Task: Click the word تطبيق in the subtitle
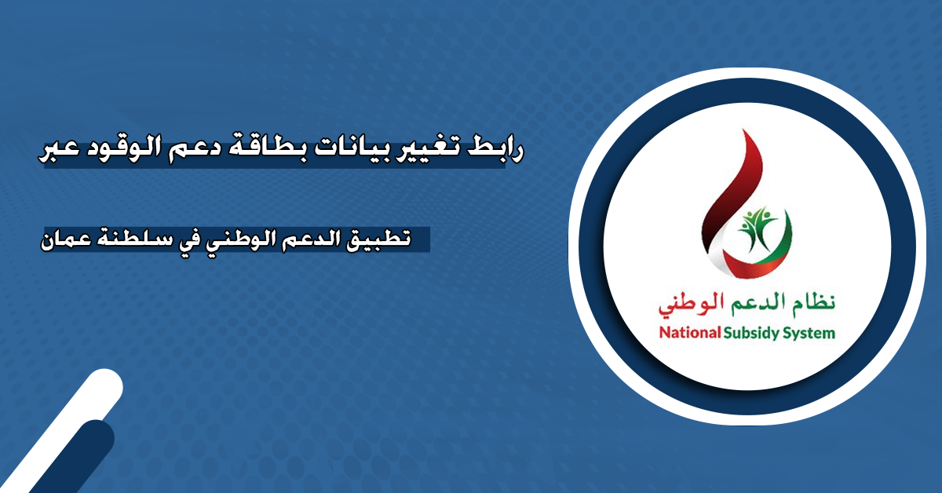coord(378,239)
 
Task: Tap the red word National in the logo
coord(690,333)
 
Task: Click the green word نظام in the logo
coord(814,302)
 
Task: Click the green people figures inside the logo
coord(758,226)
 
